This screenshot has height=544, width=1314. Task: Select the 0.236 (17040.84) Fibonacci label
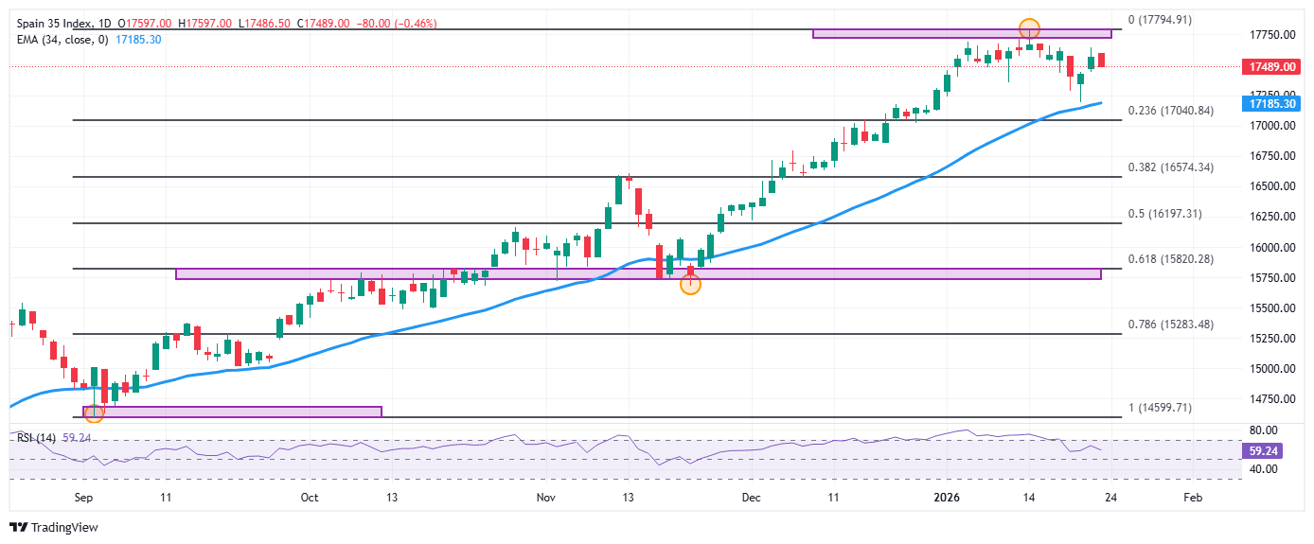1170,111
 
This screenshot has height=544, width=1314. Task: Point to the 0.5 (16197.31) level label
1164,214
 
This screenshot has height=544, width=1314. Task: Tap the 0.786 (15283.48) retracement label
1171,324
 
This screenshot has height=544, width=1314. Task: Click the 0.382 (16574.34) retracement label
1170,167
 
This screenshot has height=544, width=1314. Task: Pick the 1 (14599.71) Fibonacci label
1160,408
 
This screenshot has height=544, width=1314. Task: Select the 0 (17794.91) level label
1160,19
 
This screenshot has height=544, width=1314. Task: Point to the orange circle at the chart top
1029,28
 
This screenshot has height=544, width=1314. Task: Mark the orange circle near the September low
94,412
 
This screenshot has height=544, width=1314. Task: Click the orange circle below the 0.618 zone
691,284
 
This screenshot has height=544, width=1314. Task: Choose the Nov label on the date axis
545,496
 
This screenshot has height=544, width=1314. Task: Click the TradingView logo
54,527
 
